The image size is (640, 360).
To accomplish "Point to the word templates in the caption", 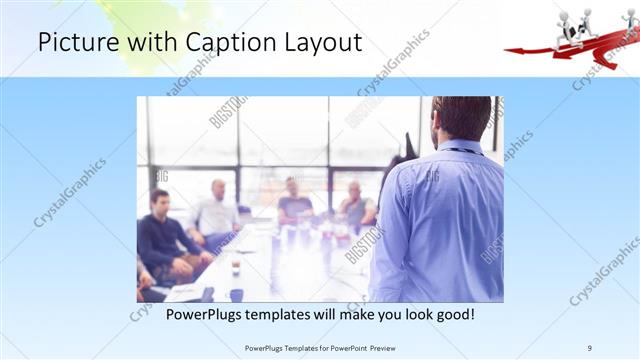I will (296, 314).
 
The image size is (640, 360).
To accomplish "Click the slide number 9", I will (591, 347).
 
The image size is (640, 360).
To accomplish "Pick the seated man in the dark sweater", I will (160, 235).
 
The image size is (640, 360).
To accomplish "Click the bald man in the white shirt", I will (216, 210).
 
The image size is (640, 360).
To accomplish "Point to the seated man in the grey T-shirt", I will (295, 203).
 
